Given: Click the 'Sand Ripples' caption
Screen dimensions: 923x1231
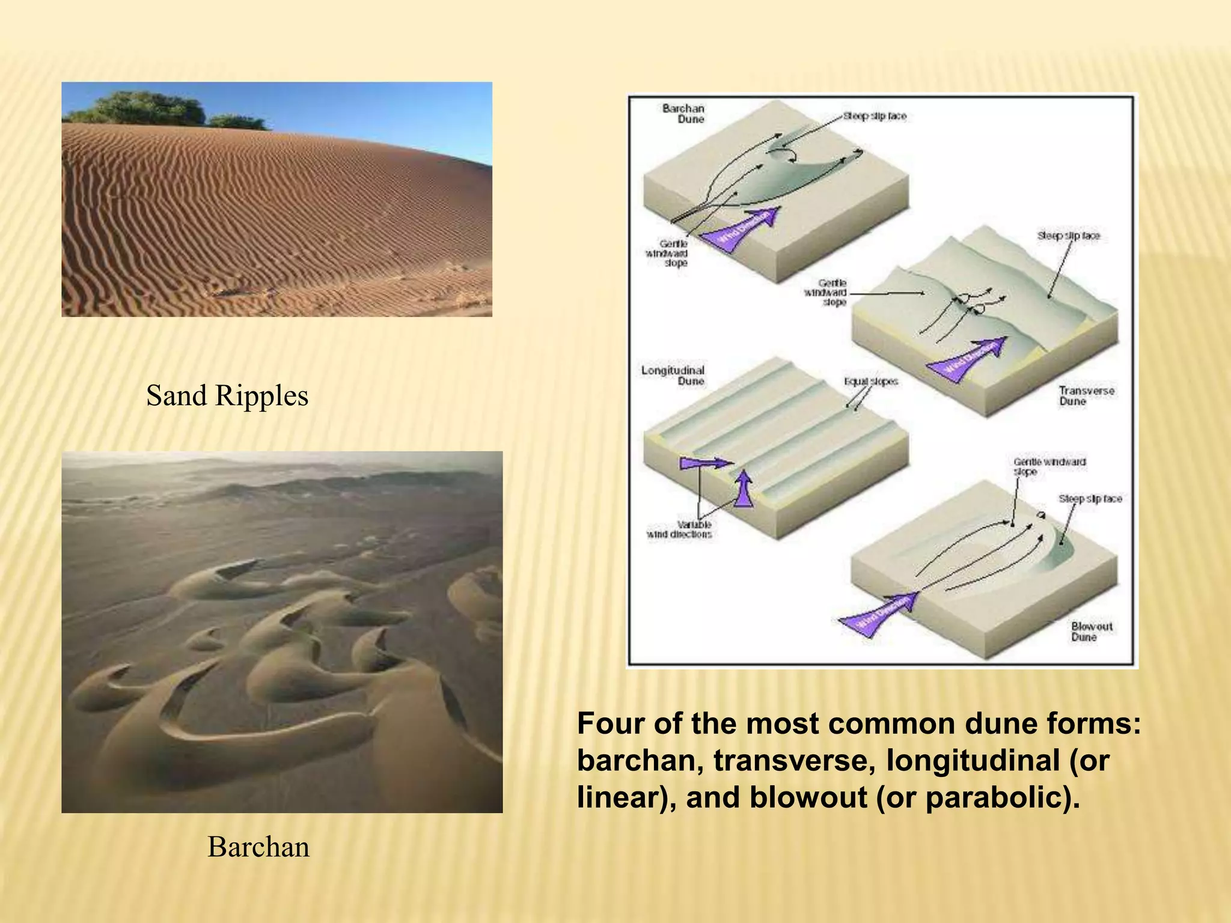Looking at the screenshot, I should (227, 396).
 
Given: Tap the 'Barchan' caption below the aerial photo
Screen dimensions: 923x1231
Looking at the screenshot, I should (258, 847).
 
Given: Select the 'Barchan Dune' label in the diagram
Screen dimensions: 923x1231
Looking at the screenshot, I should (683, 114).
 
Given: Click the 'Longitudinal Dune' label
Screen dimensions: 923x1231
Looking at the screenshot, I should (673, 376).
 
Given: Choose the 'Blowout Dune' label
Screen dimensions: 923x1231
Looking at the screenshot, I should (1092, 631).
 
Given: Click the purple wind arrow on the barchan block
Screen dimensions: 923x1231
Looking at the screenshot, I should (741, 230).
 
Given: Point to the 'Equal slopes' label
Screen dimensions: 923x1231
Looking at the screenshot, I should (871, 381).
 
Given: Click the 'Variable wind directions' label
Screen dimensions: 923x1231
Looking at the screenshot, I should (679, 529).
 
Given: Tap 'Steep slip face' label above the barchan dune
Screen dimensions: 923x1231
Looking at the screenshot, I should (875, 116).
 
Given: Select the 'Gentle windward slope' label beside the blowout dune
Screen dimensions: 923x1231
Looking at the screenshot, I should (1049, 466).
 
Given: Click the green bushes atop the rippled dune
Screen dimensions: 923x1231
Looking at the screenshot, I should (150, 108).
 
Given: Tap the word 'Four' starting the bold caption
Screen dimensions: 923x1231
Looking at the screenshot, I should (611, 724).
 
